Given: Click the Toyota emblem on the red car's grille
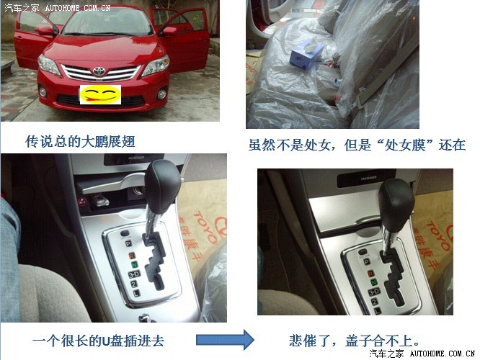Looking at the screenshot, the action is point(99,71).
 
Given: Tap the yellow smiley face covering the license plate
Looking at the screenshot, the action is point(100,95).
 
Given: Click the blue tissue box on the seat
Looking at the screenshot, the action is point(306,55).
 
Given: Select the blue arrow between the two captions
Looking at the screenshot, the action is point(225,340).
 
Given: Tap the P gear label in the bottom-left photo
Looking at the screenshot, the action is point(128,243).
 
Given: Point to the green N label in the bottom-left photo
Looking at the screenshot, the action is point(134,264).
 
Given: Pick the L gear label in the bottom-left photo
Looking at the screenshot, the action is point(136,293).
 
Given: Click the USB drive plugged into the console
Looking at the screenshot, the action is point(100,199).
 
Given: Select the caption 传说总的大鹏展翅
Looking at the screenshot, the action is point(80,142).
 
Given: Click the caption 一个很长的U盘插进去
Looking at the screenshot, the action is point(98,341).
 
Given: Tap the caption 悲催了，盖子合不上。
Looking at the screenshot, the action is point(354,341).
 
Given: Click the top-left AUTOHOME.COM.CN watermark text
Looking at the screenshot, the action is point(78,8).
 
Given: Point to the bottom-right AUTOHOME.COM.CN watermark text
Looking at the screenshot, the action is point(443,354).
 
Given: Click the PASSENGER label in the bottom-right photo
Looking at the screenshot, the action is point(368,178).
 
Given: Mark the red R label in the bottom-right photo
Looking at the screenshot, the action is point(370,274).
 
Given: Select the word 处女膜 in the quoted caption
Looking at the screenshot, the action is point(405,145).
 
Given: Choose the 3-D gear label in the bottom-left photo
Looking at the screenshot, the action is point(134,274).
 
